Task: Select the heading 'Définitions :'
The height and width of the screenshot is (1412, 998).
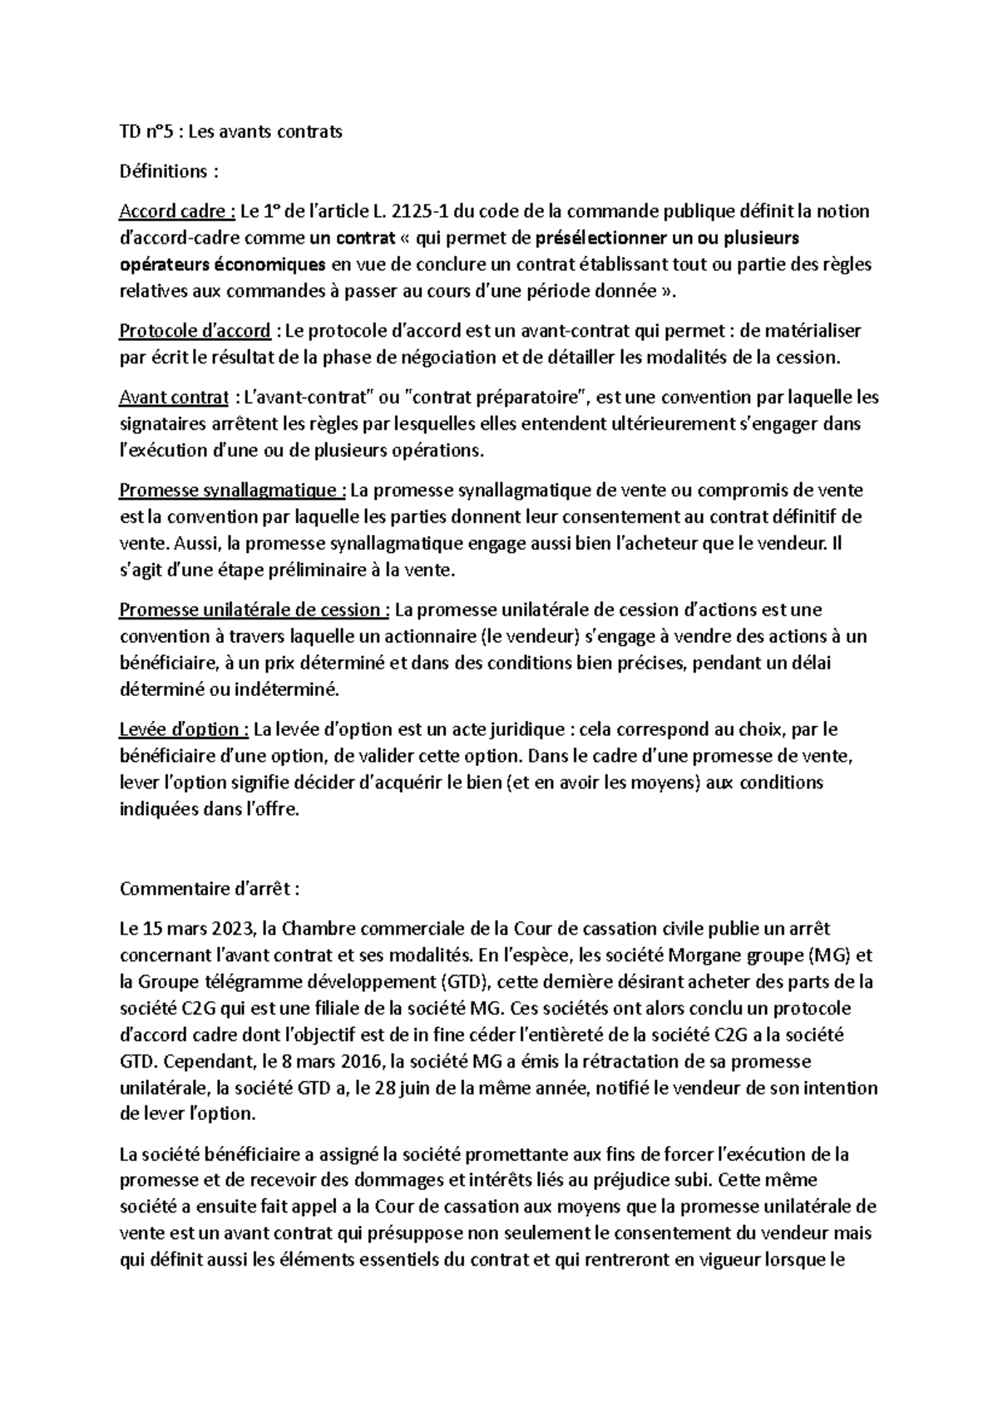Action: click(170, 171)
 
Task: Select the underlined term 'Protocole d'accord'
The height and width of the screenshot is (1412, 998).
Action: click(195, 331)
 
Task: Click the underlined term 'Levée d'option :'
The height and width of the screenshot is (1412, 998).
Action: click(184, 729)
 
